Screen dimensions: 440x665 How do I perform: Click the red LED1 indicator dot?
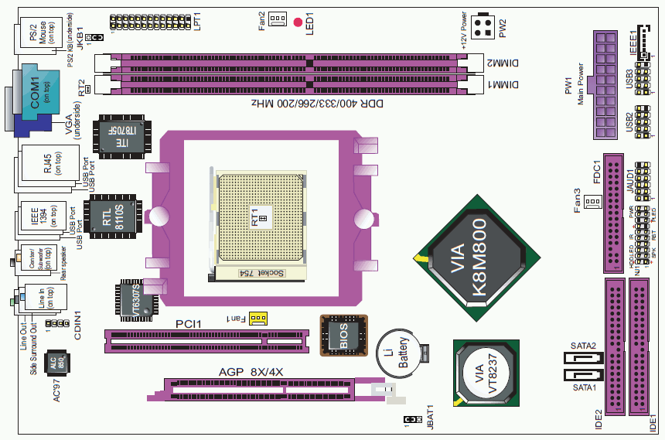click(x=298, y=21)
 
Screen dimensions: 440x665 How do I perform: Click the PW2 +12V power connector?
click(x=486, y=28)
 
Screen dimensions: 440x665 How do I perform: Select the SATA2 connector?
click(x=574, y=360)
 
